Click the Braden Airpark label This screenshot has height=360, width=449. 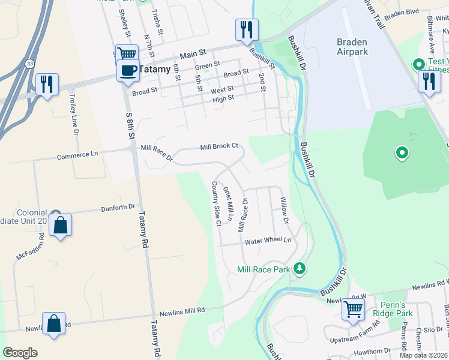tap(351, 47)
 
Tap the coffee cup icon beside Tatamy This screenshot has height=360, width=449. tap(128, 70)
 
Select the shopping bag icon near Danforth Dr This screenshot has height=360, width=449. tap(60, 226)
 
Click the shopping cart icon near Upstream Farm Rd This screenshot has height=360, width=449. tap(353, 310)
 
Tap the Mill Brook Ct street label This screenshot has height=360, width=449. tap(219, 146)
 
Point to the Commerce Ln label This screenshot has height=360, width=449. tap(77, 155)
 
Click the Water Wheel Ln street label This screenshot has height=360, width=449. tap(267, 241)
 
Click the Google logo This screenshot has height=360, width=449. tap(20, 353)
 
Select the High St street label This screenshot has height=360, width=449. tap(223, 98)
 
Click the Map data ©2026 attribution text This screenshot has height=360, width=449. tap(423, 355)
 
